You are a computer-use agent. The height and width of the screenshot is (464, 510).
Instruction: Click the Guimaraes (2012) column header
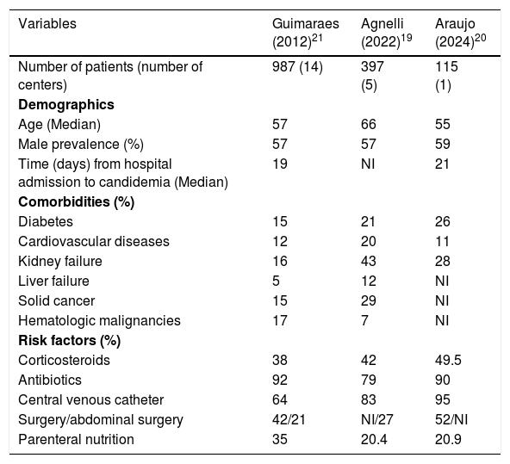[306, 33]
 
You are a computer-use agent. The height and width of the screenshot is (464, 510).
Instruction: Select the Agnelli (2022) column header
[386, 33]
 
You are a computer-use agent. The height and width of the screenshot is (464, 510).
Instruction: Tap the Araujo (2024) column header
[461, 33]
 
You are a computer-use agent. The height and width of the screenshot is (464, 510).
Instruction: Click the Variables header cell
[47, 24]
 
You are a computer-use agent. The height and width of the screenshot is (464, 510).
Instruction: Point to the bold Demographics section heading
[66, 105]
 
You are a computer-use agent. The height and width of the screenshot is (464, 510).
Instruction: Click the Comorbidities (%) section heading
[76, 201]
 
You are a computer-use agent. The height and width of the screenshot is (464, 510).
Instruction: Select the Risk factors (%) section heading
[69, 341]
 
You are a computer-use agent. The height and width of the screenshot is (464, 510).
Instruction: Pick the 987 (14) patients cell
[297, 67]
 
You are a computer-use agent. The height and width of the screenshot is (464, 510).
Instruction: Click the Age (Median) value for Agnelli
[368, 125]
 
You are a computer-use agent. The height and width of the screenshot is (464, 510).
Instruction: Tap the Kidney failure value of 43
[368, 261]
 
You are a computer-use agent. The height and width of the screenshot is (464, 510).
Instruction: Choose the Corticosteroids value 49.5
[448, 361]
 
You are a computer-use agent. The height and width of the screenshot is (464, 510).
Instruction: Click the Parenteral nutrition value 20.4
[374, 439]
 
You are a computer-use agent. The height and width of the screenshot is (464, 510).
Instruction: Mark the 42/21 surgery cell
[289, 419]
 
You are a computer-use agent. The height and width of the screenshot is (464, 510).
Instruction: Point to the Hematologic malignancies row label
[99, 321]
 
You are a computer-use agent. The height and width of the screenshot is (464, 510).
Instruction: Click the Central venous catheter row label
[90, 400]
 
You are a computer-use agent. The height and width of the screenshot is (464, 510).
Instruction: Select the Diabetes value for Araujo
[442, 221]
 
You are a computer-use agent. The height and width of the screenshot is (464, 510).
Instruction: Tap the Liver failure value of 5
[276, 281]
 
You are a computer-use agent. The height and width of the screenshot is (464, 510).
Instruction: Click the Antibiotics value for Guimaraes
[280, 380]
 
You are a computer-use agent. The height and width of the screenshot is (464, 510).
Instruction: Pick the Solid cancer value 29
[368, 301]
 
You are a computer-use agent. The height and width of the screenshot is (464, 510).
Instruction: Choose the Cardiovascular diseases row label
[94, 241]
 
